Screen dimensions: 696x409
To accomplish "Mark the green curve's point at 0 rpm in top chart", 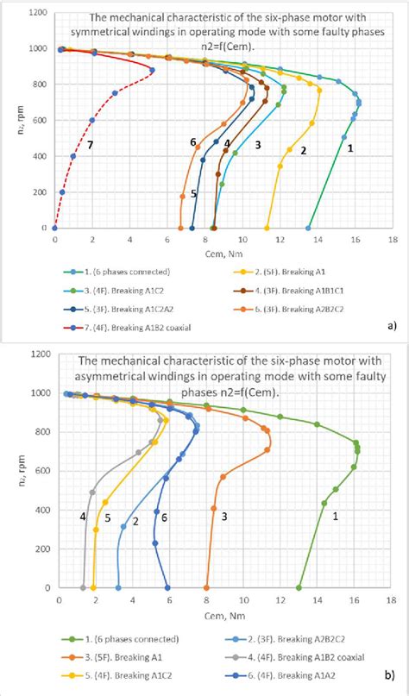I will click(308, 229).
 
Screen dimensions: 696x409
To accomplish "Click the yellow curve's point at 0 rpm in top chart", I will click(267, 229).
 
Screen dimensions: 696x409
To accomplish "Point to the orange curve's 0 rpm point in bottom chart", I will click(206, 587).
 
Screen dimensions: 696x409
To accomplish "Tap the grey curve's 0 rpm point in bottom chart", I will click(84, 587).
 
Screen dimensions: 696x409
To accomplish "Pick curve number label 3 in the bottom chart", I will click(224, 516).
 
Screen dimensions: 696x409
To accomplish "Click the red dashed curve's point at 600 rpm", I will click(91, 120).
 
